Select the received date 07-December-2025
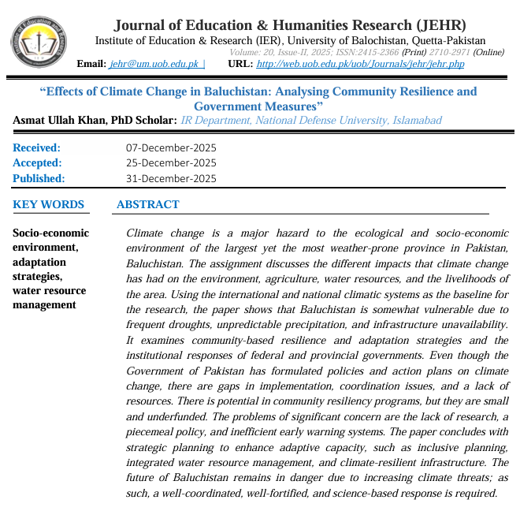tap(171, 147)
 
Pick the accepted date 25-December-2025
tap(171, 162)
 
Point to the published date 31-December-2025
tap(171, 178)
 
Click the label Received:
tap(37, 147)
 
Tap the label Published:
tap(39, 178)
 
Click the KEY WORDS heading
tap(49, 204)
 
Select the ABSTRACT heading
tap(147, 204)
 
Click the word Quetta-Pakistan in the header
tap(448, 40)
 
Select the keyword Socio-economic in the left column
tap(51, 233)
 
